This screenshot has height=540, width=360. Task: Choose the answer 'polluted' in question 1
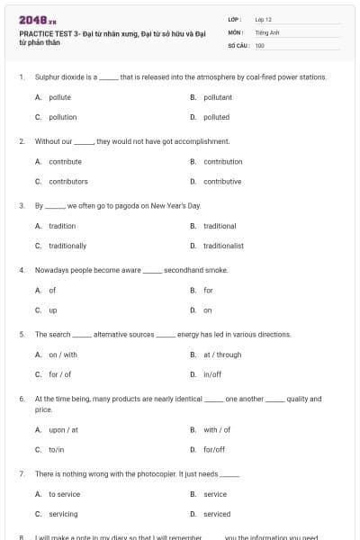click(x=216, y=117)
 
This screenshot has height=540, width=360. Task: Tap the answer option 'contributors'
click(x=68, y=181)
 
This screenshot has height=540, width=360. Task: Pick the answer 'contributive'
click(x=221, y=181)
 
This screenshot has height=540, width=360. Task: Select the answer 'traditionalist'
click(x=223, y=245)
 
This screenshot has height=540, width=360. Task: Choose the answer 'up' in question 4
click(x=52, y=310)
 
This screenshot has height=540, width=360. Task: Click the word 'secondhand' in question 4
click(x=181, y=270)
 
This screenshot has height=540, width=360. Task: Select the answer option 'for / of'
click(x=59, y=374)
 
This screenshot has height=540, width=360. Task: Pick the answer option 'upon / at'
click(x=63, y=429)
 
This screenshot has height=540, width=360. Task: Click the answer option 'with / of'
click(x=217, y=429)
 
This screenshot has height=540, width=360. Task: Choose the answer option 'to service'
click(x=64, y=494)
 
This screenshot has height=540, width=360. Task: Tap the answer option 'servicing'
click(x=63, y=514)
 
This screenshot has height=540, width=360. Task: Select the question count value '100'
click(x=260, y=45)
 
